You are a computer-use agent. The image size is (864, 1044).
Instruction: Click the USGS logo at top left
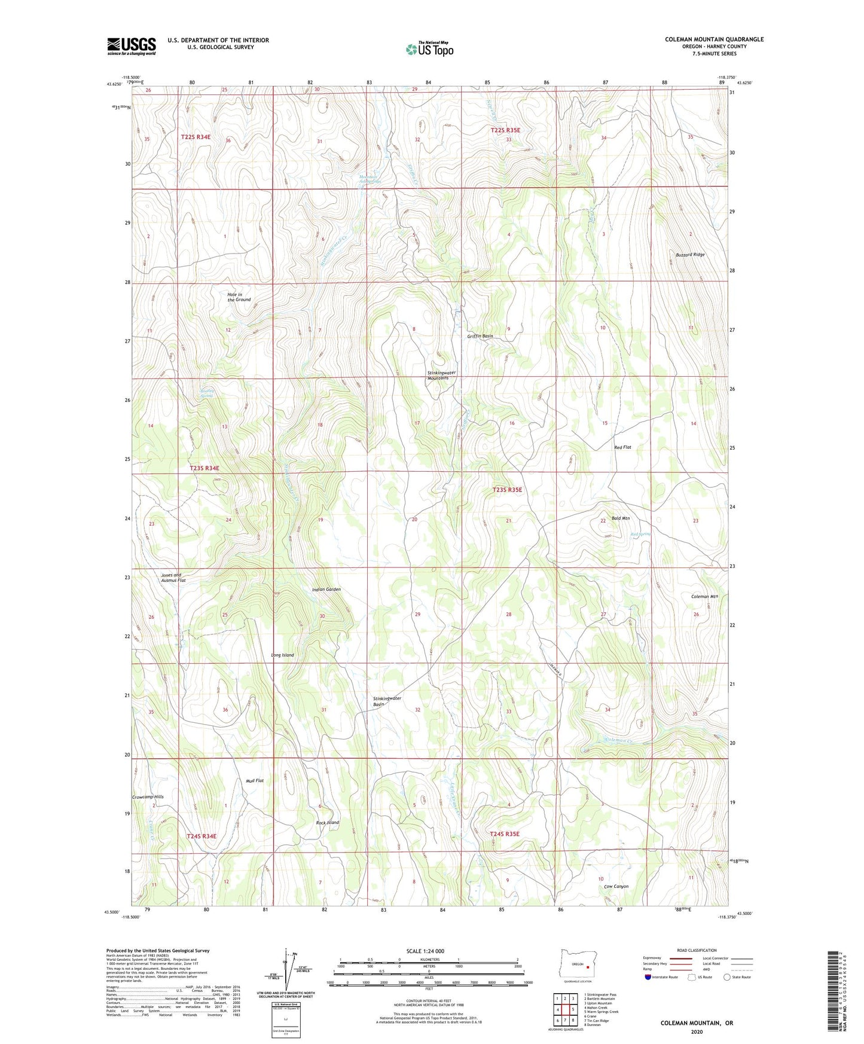[x=132, y=46]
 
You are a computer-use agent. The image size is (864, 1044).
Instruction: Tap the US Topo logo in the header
[x=430, y=49]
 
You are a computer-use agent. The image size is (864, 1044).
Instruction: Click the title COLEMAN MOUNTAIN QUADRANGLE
[x=714, y=39]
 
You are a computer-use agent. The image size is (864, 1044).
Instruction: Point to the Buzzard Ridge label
[x=690, y=255]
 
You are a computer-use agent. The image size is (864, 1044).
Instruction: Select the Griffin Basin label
[x=480, y=337]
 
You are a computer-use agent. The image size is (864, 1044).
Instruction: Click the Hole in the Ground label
[x=239, y=297]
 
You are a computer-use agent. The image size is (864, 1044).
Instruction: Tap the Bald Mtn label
[x=621, y=518]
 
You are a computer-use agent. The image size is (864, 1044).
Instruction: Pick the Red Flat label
[x=622, y=447]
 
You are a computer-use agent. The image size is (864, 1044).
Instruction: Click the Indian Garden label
[x=326, y=590]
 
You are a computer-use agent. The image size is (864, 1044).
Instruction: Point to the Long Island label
[x=282, y=655]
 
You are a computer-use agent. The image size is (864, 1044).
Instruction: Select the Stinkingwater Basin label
[x=387, y=701]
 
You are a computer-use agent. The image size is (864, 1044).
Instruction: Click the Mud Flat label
[x=255, y=781]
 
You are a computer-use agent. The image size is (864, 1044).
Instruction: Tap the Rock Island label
[x=327, y=823]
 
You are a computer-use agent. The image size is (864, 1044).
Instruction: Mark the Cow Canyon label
[x=616, y=886]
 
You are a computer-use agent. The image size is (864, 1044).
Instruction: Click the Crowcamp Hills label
[x=148, y=797]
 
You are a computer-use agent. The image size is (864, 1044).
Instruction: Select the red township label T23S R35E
[x=507, y=490]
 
